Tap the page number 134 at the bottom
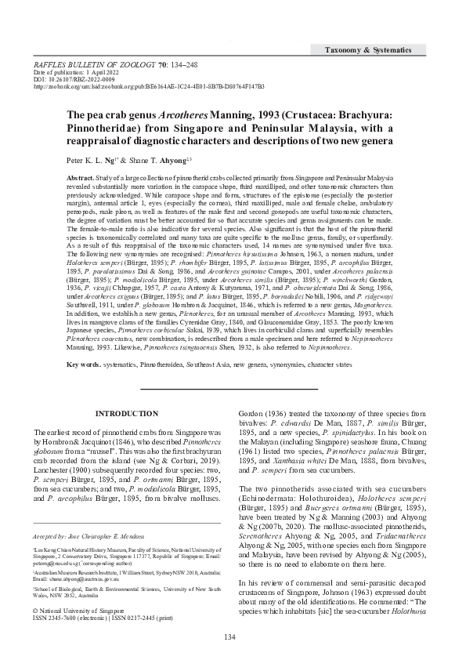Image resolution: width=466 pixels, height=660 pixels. tap(229, 636)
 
